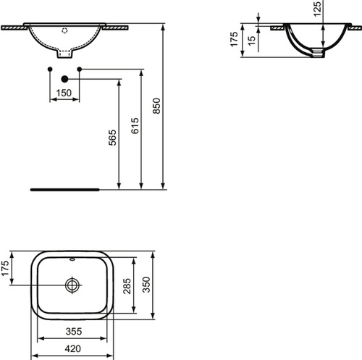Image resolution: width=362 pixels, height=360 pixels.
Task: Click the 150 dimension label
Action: click(x=64, y=93)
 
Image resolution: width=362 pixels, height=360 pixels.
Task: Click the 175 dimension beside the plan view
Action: click(x=6, y=268)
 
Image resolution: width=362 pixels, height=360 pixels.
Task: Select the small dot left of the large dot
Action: click(x=49, y=69)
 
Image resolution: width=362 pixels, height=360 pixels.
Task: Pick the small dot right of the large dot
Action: click(x=80, y=69)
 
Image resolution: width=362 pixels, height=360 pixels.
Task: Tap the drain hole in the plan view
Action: click(x=72, y=285)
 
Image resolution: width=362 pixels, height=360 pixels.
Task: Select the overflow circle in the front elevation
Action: click(x=64, y=31)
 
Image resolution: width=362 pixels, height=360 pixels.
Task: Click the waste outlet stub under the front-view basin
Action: click(x=64, y=53)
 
